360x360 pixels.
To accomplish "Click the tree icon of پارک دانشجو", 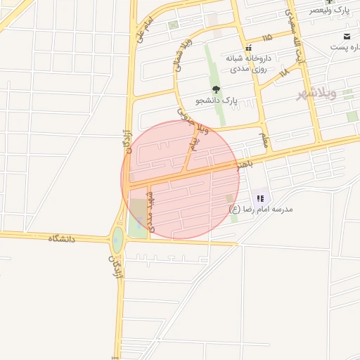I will (216, 89).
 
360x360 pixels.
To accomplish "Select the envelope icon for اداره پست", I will (347, 36).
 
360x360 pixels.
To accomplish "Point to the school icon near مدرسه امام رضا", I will (260, 198).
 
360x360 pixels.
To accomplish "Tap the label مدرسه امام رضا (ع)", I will (266, 209).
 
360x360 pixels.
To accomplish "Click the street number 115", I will (266, 37).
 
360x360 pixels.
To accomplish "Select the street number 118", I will (283, 72).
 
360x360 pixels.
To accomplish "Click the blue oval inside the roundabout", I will (117, 241).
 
